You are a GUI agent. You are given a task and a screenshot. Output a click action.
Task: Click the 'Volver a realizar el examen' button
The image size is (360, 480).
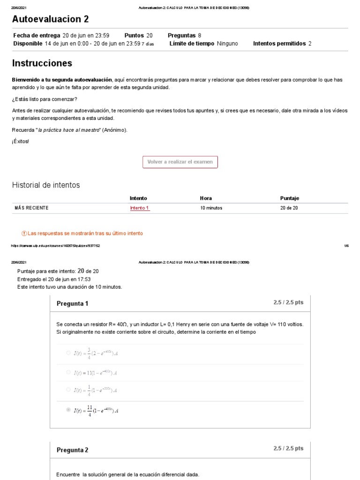[x=180, y=162]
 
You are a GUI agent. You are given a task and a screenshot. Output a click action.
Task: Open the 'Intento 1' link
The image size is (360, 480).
[x=139, y=208]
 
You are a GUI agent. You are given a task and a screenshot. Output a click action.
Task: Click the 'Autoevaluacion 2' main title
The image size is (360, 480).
[x=50, y=19]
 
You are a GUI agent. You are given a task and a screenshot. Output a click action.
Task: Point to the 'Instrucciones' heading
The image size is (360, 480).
[x=42, y=63]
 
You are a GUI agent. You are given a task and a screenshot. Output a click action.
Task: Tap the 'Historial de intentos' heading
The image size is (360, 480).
[x=46, y=185]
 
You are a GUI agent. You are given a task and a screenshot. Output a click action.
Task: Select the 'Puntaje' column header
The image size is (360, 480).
[x=289, y=198]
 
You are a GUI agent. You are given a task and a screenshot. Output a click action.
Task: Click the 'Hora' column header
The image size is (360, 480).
[x=206, y=198]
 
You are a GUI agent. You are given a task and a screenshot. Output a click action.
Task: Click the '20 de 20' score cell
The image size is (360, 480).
[x=289, y=208]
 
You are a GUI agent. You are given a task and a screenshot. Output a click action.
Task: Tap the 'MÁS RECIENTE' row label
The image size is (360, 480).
[x=31, y=208]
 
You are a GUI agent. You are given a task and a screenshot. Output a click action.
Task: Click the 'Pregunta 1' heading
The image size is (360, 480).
[x=72, y=304]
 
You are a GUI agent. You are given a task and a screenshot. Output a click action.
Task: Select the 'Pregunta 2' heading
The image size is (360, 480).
[x=72, y=450]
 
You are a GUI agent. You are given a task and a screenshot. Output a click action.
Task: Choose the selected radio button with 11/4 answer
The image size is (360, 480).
[x=68, y=410]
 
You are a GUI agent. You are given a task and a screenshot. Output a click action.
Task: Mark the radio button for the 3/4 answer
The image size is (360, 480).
[x=68, y=353]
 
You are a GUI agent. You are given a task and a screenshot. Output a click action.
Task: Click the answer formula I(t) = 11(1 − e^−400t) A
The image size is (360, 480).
[x=96, y=372]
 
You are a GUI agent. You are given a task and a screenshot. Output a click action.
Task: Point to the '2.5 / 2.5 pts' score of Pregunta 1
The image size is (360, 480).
[x=288, y=302]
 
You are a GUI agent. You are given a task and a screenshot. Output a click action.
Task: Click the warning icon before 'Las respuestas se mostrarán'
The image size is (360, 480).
[x=24, y=233]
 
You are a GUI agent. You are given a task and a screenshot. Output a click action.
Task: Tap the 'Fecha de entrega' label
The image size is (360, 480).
[x=37, y=35]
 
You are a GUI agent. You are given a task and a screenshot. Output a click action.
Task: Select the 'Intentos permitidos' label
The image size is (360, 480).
[x=279, y=44]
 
